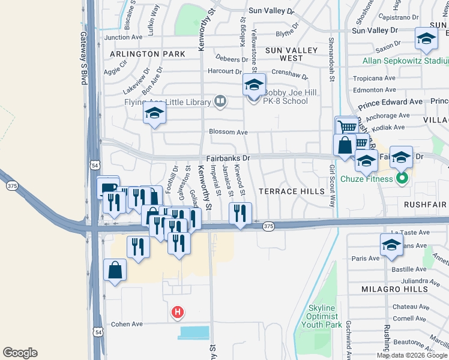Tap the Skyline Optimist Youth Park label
pyautogui.click(x=325, y=316)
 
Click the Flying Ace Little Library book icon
pyautogui.click(x=220, y=101)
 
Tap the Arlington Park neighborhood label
pyautogui.click(x=147, y=54)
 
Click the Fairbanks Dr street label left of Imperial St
pyautogui.click(x=228, y=158)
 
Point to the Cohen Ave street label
pyautogui.click(x=127, y=324)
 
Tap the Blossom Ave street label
pyautogui.click(x=228, y=132)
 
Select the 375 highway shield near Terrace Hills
pyautogui.click(x=268, y=226)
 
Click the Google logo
pyautogui.click(x=20, y=353)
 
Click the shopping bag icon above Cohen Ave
pyautogui.click(x=115, y=271)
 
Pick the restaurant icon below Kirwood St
pyautogui.click(x=240, y=213)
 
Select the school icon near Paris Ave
pyautogui.click(x=391, y=245)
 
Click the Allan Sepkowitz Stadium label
pyautogui.click(x=406, y=61)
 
